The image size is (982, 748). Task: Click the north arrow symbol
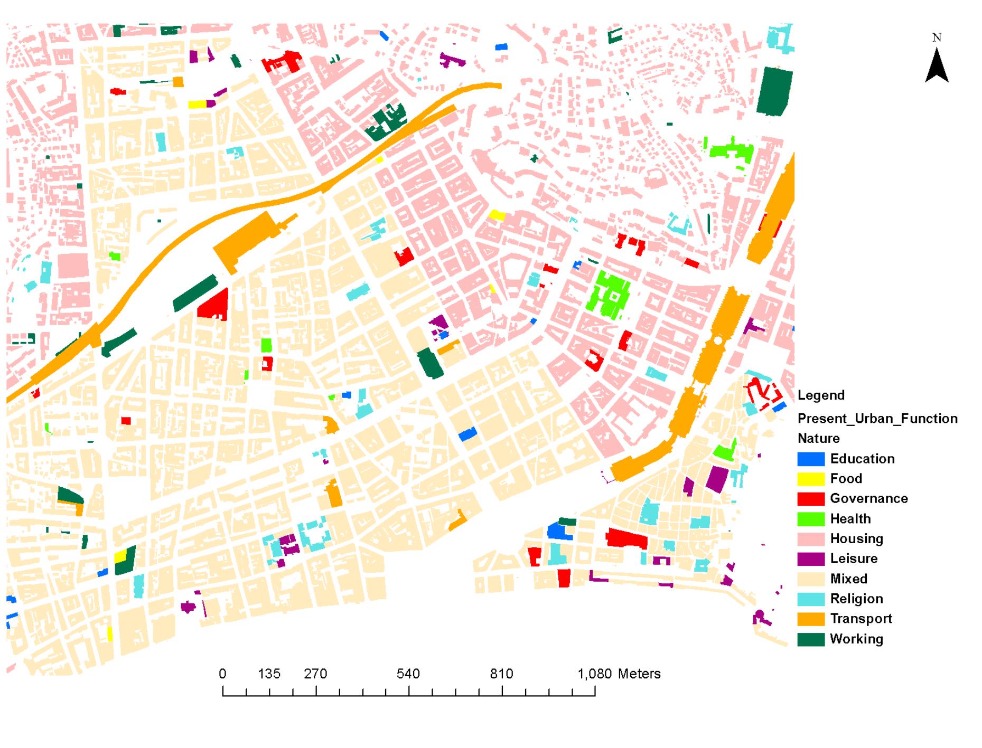pos(937,66)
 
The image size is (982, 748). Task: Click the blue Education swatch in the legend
pos(810,459)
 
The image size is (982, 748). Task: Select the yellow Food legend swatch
pos(810,479)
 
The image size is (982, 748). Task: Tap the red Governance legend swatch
pos(810,499)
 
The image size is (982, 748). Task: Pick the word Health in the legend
pos(850,519)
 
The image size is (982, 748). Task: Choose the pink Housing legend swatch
pos(810,539)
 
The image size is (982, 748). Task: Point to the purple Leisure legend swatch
pos(810,559)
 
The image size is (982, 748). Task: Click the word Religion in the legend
pos(856,599)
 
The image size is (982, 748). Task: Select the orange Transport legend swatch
pos(810,619)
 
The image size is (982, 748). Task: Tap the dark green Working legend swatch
pos(810,639)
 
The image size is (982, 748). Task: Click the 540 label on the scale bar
pos(408,674)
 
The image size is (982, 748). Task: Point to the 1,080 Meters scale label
pos(619,674)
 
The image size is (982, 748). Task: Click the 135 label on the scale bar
pos(269,674)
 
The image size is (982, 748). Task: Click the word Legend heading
pos(821,395)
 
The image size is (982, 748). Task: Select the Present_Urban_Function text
pos(877,419)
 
